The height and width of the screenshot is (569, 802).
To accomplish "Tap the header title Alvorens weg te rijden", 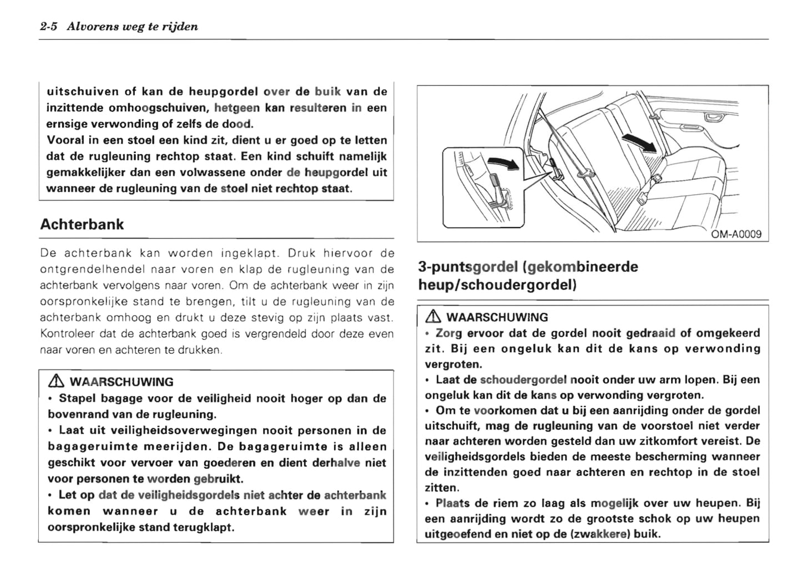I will tap(132, 27).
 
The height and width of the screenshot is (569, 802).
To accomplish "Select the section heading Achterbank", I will tap(82, 225).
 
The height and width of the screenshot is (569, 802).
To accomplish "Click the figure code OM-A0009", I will tap(737, 235).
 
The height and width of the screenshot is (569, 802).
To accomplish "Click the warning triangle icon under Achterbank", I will tap(54, 382).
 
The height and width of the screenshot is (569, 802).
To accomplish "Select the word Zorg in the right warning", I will tap(449, 333).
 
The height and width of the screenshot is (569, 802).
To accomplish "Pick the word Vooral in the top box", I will tap(64, 140).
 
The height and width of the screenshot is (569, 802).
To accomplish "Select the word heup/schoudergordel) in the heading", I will tap(497, 285).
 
